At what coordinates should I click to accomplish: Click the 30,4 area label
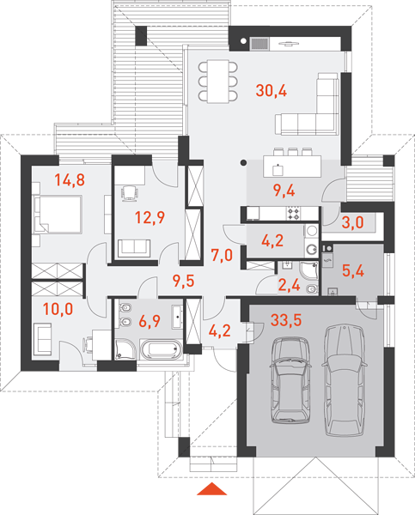(x=272, y=90)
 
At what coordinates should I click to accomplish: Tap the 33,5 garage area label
(x=286, y=320)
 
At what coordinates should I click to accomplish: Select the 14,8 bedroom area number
(x=70, y=180)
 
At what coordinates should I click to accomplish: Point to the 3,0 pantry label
(x=353, y=222)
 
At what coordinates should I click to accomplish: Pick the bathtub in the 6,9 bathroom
(x=162, y=349)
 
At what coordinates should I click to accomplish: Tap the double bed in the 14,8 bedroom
(x=58, y=215)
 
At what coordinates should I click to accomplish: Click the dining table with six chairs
(x=217, y=82)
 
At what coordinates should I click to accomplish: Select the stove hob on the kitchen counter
(x=294, y=213)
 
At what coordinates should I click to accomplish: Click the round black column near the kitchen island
(x=243, y=162)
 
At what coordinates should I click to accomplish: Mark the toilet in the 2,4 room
(x=312, y=289)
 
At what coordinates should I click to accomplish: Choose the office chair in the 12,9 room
(x=129, y=193)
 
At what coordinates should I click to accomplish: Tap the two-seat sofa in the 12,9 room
(x=134, y=248)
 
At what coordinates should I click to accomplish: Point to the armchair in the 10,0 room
(x=42, y=339)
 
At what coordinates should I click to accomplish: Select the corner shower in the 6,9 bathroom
(x=125, y=349)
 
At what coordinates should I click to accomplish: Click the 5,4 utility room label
(x=353, y=270)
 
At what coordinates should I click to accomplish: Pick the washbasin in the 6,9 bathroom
(x=177, y=317)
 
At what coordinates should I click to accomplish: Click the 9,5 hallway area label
(x=184, y=281)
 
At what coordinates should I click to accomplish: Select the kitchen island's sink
(x=278, y=170)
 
